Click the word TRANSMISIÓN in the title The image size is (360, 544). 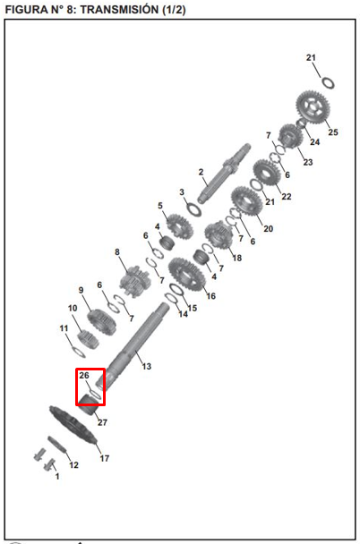(120, 9)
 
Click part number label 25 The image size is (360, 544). (333, 132)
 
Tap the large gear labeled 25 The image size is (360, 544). (313, 107)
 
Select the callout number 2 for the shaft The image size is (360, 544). (201, 172)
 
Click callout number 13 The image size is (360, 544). (147, 366)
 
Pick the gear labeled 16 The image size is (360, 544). (185, 275)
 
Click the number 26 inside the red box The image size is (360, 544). (84, 376)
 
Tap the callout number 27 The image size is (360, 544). (102, 422)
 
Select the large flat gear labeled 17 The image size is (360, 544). (73, 426)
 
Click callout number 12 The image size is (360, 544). (73, 465)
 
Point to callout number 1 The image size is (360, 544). (57, 476)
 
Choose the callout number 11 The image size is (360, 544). (64, 328)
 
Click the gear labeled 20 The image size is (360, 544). (247, 201)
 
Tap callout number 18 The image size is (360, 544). (237, 258)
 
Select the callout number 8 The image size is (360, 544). (117, 252)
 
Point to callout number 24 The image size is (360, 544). (315, 142)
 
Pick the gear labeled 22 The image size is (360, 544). (267, 173)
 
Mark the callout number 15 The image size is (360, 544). (193, 308)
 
